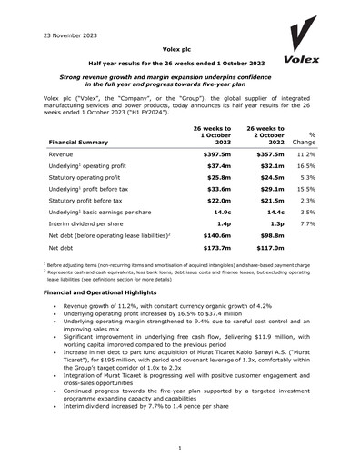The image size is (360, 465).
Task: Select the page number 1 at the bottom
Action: [x=180, y=448]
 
